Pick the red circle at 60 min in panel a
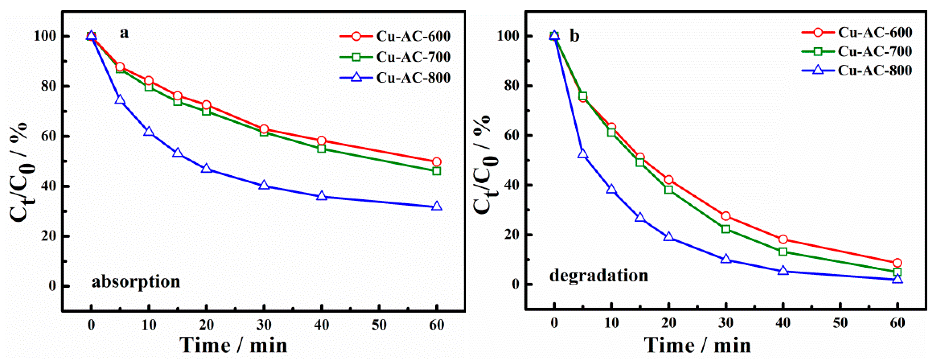coord(437,161)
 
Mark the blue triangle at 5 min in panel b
coord(583,154)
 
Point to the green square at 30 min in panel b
coord(726,229)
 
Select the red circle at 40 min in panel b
coord(783,239)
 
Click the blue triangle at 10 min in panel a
coord(148,132)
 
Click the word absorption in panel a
coord(136,282)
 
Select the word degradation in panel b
coord(599,276)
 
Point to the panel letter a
coord(124,33)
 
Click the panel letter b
coord(574,36)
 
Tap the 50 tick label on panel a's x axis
coord(379,325)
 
